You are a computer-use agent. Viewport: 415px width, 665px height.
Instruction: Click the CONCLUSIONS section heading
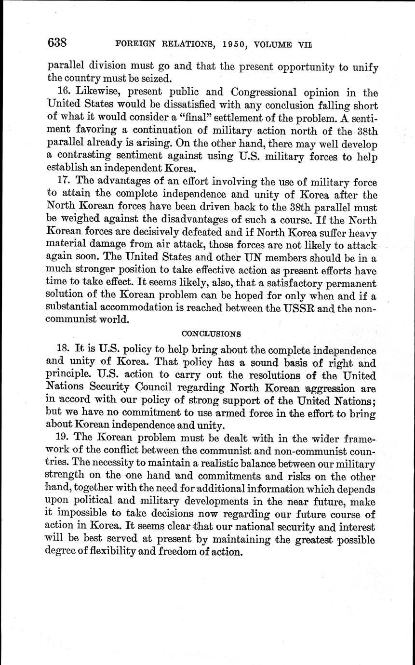coord(211,333)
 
